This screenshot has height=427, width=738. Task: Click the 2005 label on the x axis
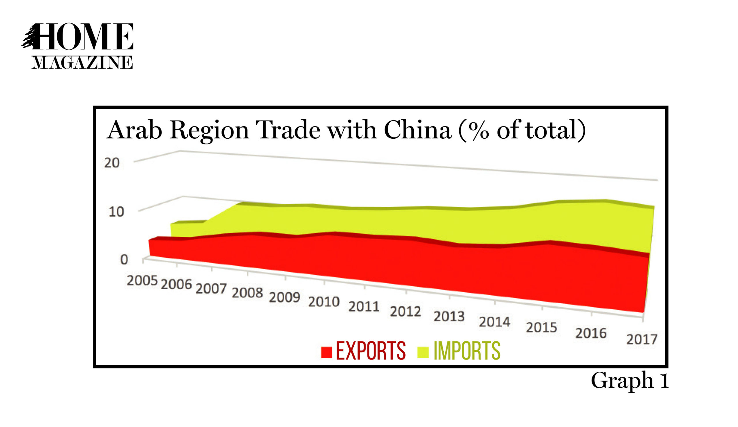142,281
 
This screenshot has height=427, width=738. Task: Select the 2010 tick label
324,302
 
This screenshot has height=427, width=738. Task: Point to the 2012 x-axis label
405,311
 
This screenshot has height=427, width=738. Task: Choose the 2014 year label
495,322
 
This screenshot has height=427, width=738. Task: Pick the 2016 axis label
591,333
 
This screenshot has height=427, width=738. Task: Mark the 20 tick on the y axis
112,163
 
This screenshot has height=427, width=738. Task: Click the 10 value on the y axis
116,212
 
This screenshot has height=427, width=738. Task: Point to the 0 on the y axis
124,259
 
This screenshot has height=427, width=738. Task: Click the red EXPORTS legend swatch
326,352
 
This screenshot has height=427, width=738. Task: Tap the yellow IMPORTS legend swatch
423,352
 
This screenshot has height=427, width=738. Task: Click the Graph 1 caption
630,380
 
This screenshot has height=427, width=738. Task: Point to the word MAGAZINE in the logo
82,62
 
